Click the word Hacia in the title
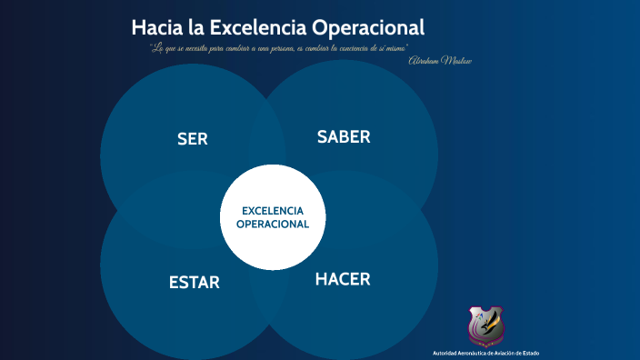click(156, 27)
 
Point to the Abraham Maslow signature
click(440, 60)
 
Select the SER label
click(193, 139)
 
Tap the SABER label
click(344, 137)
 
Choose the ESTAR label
click(195, 283)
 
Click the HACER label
click(343, 279)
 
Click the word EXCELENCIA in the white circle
click(273, 211)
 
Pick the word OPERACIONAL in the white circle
click(273, 224)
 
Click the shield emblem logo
click(486, 325)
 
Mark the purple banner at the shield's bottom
click(486, 342)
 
